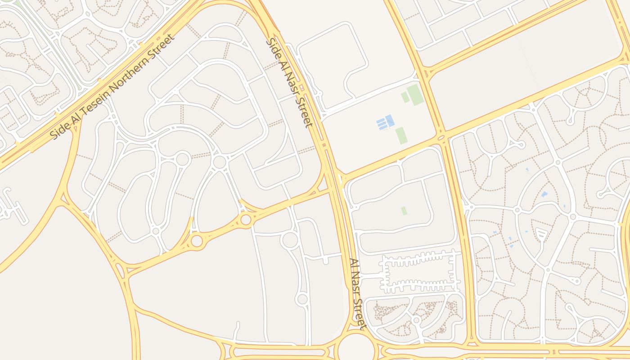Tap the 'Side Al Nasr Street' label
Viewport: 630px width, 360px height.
(289, 83)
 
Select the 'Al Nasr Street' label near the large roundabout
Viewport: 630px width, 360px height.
(358, 294)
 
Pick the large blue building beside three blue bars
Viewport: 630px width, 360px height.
(390, 120)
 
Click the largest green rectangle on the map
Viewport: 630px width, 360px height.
(415, 94)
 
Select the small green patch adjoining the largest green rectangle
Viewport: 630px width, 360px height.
(405, 97)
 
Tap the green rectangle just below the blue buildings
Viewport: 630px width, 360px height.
(401, 135)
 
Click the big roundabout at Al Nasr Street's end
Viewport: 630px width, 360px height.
(356, 346)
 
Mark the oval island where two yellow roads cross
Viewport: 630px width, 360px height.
(441, 137)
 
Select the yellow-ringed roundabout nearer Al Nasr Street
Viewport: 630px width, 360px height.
(246, 220)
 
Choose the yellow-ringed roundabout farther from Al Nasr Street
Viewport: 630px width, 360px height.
(197, 241)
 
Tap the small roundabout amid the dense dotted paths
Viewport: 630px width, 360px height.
(417, 319)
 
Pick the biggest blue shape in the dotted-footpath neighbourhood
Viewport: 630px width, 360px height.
(544, 194)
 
